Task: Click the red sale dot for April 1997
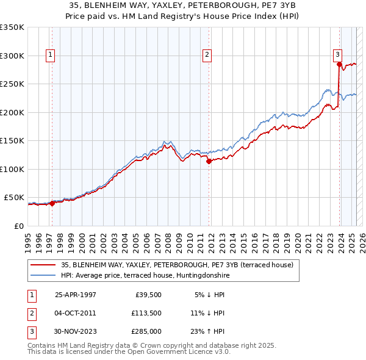52,204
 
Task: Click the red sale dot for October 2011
209,162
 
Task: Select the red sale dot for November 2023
339,64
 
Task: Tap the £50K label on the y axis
14,198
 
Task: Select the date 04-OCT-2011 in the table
75,313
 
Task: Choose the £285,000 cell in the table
146,332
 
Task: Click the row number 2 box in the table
31,313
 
